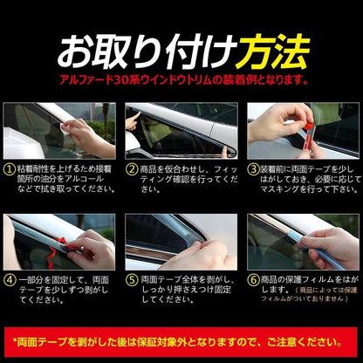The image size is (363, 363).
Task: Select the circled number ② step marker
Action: point(133,169)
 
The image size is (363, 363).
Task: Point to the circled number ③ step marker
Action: point(253,169)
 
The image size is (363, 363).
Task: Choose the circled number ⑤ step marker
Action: point(133,281)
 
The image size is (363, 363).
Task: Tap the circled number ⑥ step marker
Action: point(253,281)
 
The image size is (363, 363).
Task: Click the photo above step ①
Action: point(59,131)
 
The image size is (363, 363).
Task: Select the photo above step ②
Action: point(181,131)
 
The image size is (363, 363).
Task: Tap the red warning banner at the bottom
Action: point(181,339)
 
